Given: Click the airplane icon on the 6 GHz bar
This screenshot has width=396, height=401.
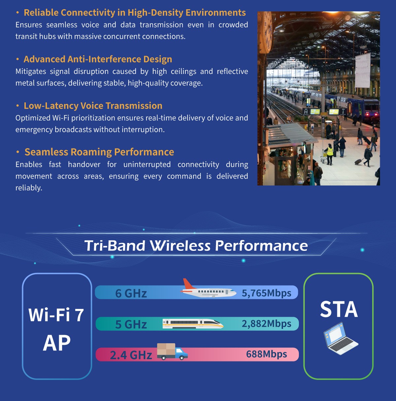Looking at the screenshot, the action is [x=208, y=288].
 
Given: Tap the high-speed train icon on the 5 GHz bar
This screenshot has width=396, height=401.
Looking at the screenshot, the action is [x=193, y=323].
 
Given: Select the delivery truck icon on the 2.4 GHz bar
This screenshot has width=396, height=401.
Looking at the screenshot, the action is [x=172, y=351].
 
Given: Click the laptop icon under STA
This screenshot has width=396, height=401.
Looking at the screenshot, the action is [x=341, y=338].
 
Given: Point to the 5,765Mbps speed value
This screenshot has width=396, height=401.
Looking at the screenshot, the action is [x=266, y=293].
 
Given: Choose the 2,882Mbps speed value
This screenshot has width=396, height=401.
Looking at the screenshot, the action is [x=266, y=323].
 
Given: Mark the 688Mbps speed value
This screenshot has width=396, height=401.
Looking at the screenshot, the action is [x=266, y=354].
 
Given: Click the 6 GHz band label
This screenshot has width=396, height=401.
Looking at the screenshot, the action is [x=131, y=293].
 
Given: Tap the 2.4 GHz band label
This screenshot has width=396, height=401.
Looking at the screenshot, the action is [x=131, y=355].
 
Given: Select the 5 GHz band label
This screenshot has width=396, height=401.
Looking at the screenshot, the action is [x=131, y=324].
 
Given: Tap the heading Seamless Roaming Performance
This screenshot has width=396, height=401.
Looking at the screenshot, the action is [x=99, y=152].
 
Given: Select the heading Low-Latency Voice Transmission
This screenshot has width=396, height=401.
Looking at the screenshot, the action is [x=93, y=106].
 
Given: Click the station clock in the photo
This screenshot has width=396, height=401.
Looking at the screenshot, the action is [x=266, y=32].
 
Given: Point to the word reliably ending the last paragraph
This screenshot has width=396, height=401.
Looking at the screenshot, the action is [x=29, y=188].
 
